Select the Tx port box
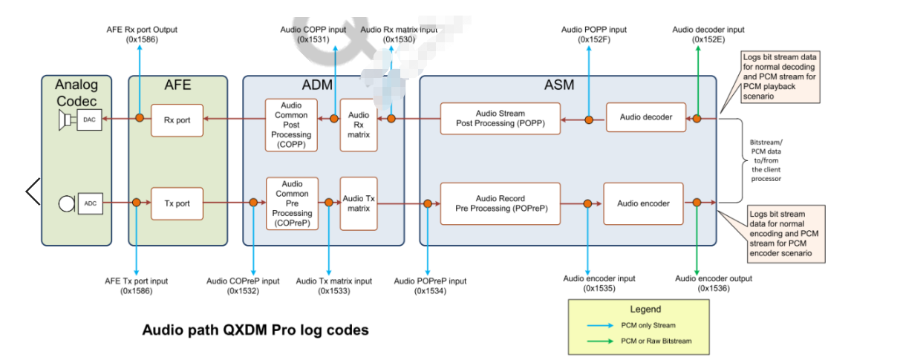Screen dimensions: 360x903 pyautogui.click(x=177, y=202)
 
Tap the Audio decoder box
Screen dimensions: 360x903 pyautogui.click(x=645, y=118)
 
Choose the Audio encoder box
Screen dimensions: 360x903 pyautogui.click(x=643, y=203)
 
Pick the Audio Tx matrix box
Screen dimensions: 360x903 pyautogui.click(x=359, y=203)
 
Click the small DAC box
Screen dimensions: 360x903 pyautogui.click(x=89, y=119)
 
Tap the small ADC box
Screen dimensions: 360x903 pyautogui.click(x=90, y=203)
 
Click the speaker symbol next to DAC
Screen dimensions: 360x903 pyautogui.click(x=67, y=119)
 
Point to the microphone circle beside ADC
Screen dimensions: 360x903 pyautogui.click(x=67, y=203)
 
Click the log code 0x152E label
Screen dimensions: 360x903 pyautogui.click(x=708, y=39)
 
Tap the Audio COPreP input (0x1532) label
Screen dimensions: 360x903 pyautogui.click(x=243, y=286)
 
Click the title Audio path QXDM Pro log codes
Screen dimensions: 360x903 pyautogui.click(x=255, y=330)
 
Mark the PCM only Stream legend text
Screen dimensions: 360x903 pyautogui.click(x=648, y=326)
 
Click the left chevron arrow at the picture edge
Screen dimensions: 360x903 pyautogui.click(x=33, y=192)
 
